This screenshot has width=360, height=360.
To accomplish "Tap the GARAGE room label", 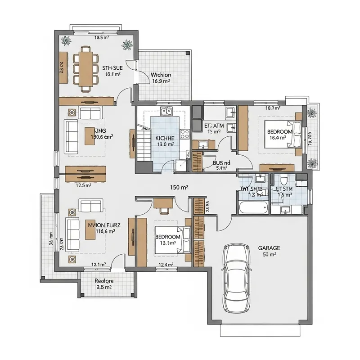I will (x=269, y=248).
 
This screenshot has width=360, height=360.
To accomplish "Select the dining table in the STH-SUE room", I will (x=85, y=68).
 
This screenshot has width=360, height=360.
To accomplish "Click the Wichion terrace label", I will (x=161, y=75).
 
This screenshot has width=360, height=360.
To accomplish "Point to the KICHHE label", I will (x=164, y=138).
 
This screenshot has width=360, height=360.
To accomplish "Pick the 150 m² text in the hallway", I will (x=179, y=187).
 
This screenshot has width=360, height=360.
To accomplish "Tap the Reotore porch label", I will (x=104, y=281).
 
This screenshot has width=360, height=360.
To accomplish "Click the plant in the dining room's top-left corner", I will (x=67, y=41).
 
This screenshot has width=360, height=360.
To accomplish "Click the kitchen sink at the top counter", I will (x=166, y=111).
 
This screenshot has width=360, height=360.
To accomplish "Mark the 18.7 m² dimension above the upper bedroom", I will (x=273, y=108).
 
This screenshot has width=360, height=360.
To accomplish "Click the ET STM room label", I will (x=284, y=189).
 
